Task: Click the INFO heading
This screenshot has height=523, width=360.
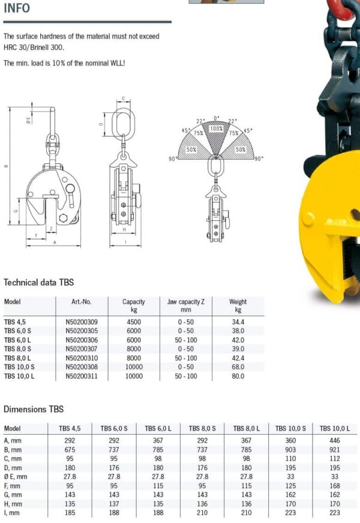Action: click(17, 8)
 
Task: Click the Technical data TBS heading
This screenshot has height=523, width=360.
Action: click(38, 282)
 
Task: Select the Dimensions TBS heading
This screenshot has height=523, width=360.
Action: click(34, 410)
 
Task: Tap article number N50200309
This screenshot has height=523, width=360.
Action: click(82, 322)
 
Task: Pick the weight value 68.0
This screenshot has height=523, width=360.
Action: click(238, 367)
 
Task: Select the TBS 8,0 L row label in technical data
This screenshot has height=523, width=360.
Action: click(17, 358)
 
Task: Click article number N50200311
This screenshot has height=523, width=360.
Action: click(82, 376)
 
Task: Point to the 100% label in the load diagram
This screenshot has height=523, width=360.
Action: click(217, 128)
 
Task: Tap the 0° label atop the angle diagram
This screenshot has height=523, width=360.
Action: click(217, 118)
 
